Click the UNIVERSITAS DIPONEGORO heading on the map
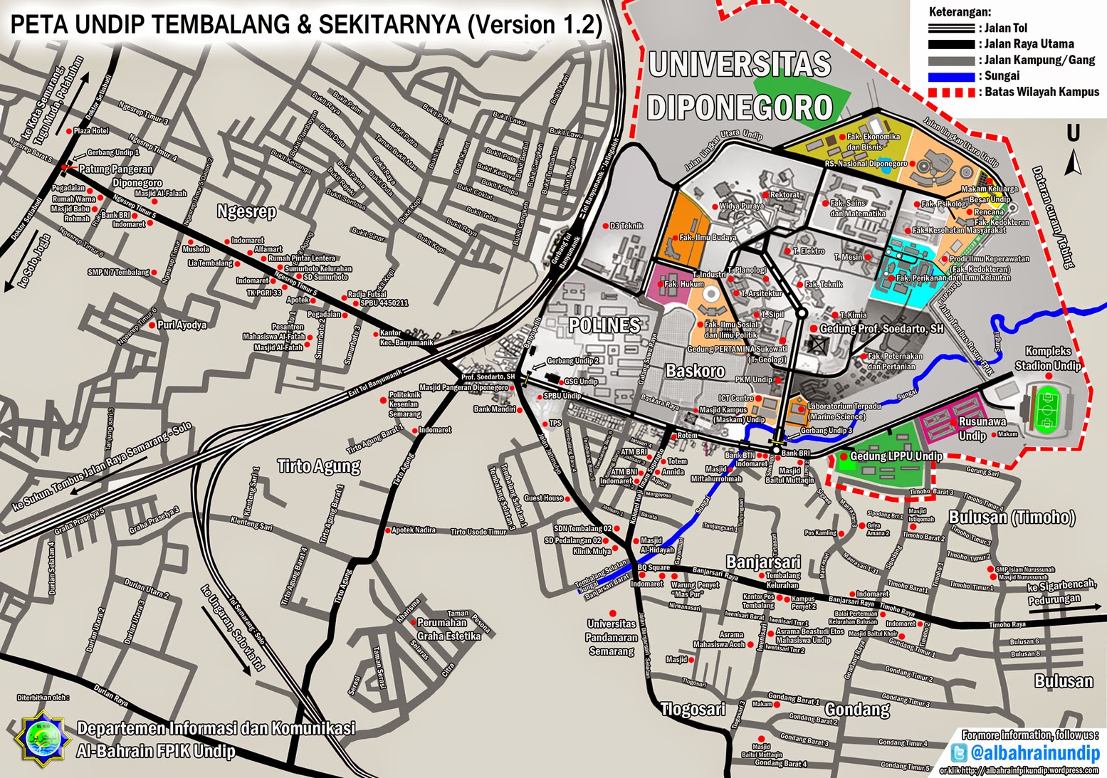[740, 85]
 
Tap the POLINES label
[604, 325]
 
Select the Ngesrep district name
[246, 211]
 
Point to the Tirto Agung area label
[318, 466]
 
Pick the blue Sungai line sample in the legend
[951, 76]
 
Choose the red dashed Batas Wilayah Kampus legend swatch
[951, 93]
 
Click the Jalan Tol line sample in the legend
[951, 28]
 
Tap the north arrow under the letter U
[1074, 164]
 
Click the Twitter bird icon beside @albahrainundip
[959, 753]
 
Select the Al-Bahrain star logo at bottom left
[43, 740]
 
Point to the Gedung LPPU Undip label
[896, 456]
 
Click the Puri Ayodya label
[182, 325]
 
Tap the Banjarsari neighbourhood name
[763, 562]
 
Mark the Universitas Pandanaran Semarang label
[612, 637]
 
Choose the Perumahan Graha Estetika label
[448, 629]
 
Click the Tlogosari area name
[693, 709]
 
